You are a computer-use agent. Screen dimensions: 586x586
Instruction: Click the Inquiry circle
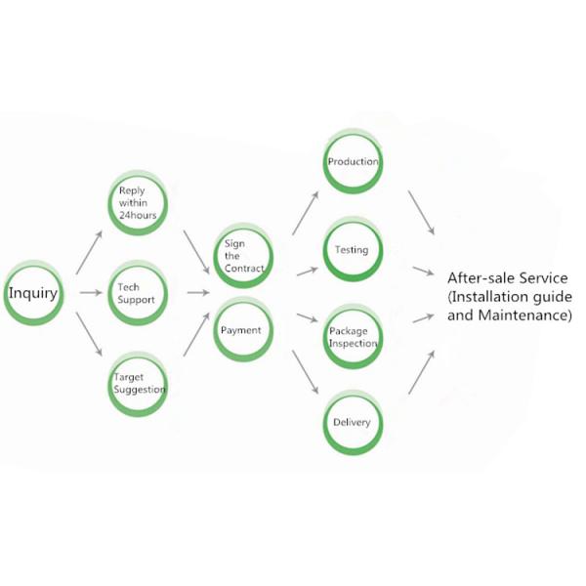coord(33,293)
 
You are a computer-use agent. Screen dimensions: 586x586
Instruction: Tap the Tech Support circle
coord(138,293)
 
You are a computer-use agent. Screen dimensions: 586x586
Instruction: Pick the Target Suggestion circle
coord(138,382)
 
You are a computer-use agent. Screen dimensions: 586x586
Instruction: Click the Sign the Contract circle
coord(243,255)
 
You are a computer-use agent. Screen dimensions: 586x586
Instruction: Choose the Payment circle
coord(243,329)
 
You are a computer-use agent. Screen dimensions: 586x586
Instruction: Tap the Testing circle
coord(353,250)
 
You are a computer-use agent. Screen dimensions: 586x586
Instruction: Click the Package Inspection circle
coord(353,337)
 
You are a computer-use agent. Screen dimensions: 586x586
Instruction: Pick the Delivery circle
coord(353,423)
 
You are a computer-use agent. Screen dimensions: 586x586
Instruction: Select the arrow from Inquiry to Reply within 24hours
coord(89,252)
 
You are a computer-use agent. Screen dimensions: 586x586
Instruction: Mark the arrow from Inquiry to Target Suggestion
coord(89,338)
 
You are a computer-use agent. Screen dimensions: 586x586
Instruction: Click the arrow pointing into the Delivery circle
coord(305,373)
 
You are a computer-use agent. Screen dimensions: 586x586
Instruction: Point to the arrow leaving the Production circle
coord(421,212)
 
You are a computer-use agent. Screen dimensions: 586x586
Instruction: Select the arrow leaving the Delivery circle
coord(421,372)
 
